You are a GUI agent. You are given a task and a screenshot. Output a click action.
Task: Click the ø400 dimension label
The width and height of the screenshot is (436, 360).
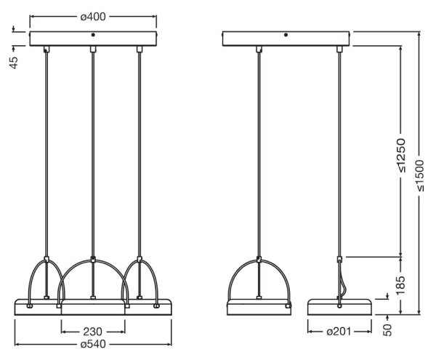coord(93,17)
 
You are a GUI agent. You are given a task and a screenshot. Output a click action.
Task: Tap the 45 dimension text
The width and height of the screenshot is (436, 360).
coord(14,63)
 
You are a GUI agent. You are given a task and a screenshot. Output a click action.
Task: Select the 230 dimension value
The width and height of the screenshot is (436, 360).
coord(93,332)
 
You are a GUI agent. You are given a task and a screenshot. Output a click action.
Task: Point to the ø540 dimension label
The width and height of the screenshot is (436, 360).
coord(93,344)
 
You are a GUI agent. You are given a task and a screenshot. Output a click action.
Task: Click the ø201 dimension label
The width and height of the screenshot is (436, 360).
coord(339,332)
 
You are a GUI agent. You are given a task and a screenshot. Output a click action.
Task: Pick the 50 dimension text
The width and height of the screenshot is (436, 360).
coord(387,330)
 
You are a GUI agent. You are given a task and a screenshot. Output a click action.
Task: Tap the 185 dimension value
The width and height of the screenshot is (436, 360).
coord(400,286)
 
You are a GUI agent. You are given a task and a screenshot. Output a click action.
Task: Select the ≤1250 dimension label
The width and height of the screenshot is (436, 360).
coord(400,155)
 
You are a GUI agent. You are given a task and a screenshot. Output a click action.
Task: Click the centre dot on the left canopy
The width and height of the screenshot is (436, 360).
coord(93,35)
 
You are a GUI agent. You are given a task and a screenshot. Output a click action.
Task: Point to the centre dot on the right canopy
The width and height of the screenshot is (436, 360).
coord(286,35)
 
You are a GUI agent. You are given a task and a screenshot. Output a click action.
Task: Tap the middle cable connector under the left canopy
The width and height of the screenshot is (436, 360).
coord(93,49)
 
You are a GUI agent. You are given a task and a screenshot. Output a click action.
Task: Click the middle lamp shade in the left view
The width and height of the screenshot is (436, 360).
coord(93,307)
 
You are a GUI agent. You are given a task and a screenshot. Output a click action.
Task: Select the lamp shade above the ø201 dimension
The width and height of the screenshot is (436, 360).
coord(339,307)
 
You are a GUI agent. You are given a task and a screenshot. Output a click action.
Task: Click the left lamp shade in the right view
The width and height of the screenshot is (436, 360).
coord(259,307)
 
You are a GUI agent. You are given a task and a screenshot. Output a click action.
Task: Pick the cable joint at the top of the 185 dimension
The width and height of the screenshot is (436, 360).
coord(339,259)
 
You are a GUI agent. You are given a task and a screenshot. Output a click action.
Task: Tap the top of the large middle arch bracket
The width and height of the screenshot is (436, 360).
coord(93,260)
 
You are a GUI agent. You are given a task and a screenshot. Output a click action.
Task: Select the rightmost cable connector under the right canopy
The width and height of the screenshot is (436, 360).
coord(339,49)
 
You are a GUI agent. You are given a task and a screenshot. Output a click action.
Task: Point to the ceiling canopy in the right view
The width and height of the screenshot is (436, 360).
coord(286,39)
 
